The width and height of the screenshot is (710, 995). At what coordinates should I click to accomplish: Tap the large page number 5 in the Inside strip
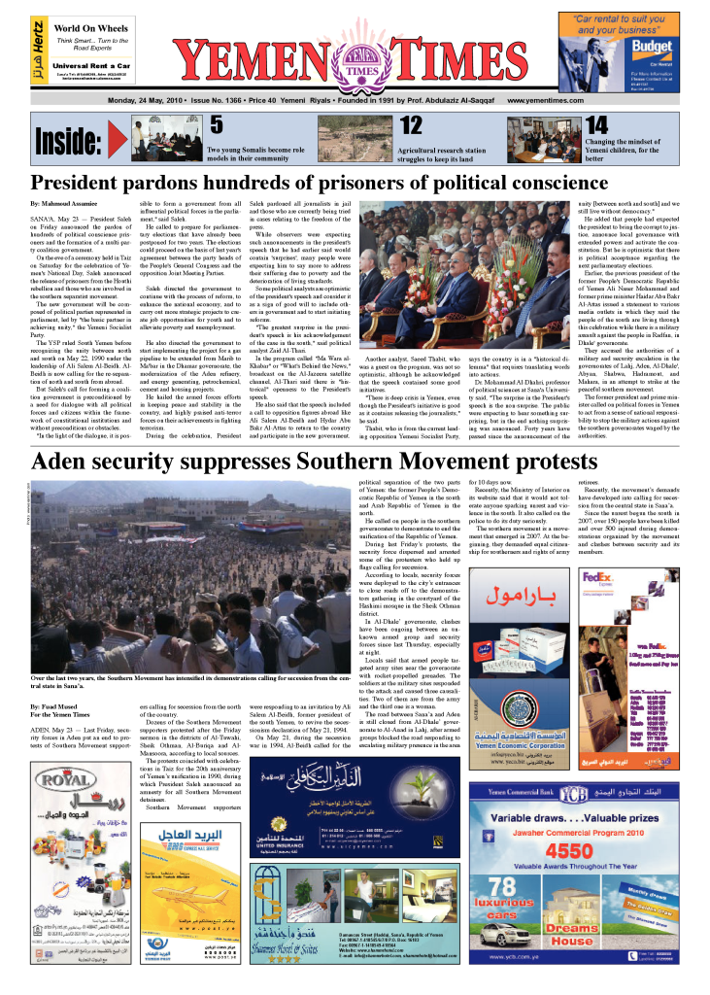pyautogui.click(x=217, y=123)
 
